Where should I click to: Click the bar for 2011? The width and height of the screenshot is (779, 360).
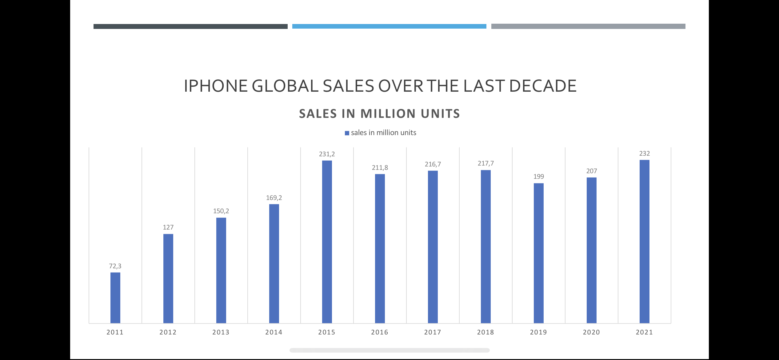[115, 298]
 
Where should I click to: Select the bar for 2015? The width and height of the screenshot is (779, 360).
[327, 242]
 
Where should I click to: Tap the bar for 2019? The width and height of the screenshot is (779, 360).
[539, 253]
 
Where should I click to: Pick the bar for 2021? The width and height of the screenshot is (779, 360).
[645, 242]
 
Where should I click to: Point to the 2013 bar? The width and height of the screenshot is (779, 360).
[221, 270]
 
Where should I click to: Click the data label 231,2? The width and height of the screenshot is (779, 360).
[327, 154]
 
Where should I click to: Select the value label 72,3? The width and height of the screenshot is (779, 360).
[115, 266]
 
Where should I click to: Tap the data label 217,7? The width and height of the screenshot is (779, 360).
[485, 163]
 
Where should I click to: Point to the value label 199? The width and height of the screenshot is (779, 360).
[539, 177]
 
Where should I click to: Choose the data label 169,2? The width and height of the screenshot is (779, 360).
[274, 198]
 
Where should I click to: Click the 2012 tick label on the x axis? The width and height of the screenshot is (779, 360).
[168, 332]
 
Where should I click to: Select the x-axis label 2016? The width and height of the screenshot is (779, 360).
[380, 332]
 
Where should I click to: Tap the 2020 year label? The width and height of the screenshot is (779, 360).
[591, 332]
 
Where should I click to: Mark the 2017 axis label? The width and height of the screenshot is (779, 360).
[433, 332]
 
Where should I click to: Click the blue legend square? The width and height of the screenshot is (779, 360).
[347, 133]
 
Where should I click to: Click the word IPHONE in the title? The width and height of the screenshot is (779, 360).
[216, 86]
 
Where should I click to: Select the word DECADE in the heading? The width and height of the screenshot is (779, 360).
[543, 86]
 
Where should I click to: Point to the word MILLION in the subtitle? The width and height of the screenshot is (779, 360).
[388, 114]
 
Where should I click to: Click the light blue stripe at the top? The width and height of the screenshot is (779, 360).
[389, 26]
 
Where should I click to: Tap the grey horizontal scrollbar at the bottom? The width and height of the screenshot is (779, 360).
[389, 350]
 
